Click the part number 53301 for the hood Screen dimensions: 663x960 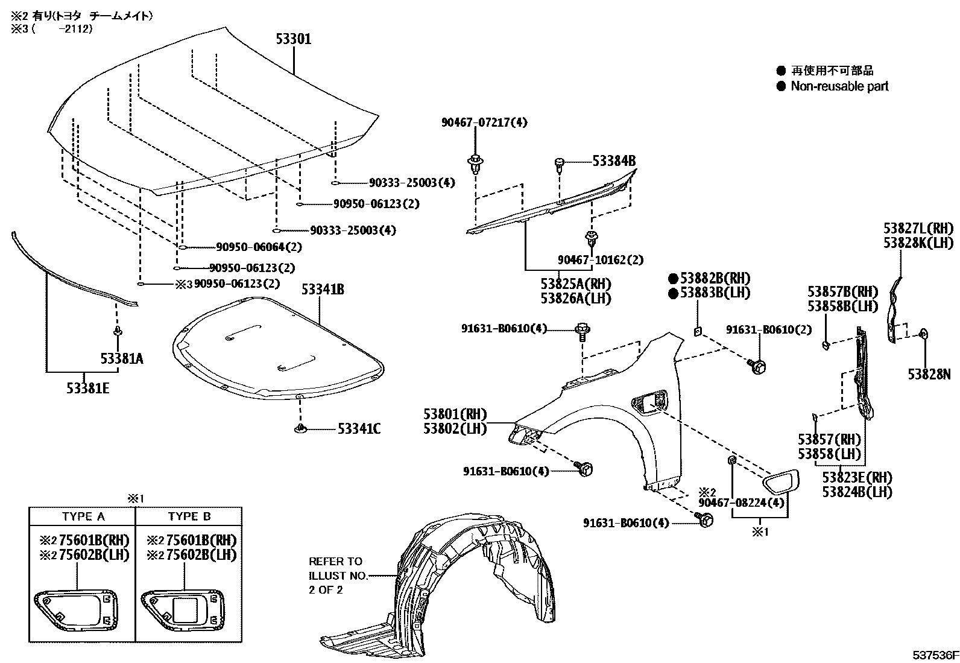(294, 39)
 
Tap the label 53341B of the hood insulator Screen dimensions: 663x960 (323, 290)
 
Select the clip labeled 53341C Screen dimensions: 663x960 (300, 428)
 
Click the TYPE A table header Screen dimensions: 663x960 (83, 516)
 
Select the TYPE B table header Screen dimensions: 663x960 (189, 516)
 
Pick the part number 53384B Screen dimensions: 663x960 (613, 161)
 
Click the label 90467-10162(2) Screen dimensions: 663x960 (600, 260)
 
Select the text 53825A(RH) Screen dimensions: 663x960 (575, 284)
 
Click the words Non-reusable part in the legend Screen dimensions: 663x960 (839, 86)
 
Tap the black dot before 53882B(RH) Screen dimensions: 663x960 (673, 279)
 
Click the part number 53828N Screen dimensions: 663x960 (929, 375)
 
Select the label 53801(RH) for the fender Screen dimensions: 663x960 (455, 414)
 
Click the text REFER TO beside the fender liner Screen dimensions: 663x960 (336, 561)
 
